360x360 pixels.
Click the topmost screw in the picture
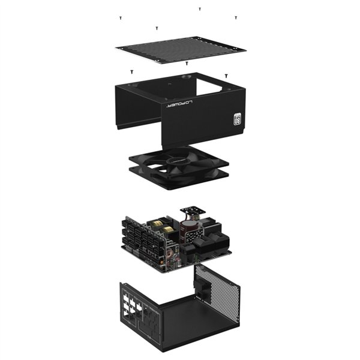click(200, 9)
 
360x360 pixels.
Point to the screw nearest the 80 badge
click(226, 76)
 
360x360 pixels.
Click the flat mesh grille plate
click(181, 47)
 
